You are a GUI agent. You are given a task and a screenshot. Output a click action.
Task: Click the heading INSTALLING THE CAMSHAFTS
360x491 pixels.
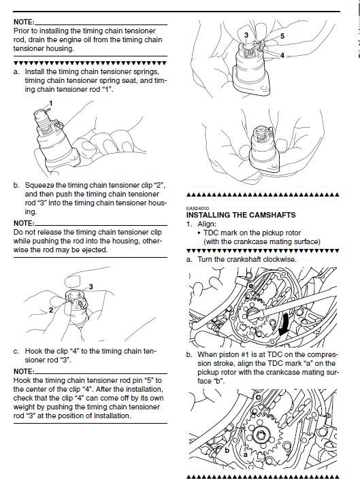[241, 215]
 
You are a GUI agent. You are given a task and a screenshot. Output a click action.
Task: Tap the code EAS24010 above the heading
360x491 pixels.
[197, 208]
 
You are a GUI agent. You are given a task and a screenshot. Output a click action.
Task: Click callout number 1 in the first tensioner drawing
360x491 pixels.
[51, 103]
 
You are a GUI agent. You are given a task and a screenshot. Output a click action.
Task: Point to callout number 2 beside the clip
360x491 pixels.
[51, 310]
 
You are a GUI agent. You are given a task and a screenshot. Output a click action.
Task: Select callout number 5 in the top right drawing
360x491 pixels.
[282, 36]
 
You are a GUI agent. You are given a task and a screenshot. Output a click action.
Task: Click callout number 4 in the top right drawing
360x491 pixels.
[282, 56]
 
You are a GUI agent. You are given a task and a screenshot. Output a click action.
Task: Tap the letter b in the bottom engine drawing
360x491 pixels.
[227, 451]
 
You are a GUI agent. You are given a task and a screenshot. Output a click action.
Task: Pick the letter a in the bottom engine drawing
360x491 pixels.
[246, 454]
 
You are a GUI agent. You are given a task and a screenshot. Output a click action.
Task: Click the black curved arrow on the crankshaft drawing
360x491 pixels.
[284, 325]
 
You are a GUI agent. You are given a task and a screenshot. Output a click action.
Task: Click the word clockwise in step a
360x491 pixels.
[280, 259]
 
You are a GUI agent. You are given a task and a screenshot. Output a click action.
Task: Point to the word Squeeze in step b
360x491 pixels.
[39, 186]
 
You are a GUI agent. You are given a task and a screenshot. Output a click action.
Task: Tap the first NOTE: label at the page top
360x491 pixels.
[24, 22]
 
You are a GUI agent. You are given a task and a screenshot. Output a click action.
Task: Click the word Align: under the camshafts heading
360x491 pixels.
[207, 224]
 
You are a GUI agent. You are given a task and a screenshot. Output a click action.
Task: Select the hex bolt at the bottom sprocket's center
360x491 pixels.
[260, 435]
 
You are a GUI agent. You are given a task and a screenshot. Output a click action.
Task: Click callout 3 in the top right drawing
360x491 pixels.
[246, 35]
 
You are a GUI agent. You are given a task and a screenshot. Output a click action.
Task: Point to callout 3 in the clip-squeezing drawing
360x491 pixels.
[91, 286]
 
